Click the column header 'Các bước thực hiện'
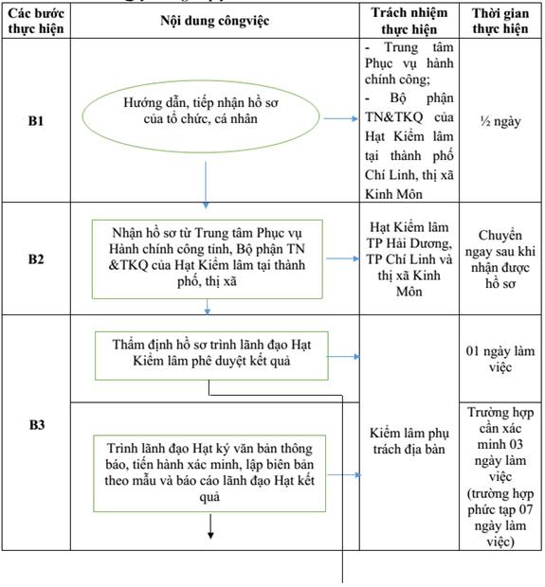[36, 21]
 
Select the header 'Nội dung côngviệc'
[215, 21]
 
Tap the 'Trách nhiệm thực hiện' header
[409, 21]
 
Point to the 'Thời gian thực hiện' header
[500, 21]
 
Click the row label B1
[36, 121]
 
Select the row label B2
[36, 259]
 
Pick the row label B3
[37, 425]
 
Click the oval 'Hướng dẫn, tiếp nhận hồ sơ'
[201, 116]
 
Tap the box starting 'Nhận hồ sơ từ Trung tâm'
[208, 259]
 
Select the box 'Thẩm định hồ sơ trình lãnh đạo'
[211, 356]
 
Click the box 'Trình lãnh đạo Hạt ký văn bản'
[209, 473]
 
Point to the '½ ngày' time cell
[500, 121]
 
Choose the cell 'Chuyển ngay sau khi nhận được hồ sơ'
[500, 259]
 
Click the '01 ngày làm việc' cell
[500, 359]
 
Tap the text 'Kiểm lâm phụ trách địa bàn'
[409, 441]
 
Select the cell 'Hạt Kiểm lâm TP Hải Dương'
[409, 259]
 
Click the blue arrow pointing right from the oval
[340, 118]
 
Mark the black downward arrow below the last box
[210, 526]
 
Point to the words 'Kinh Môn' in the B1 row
[393, 194]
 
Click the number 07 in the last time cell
[525, 509]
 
